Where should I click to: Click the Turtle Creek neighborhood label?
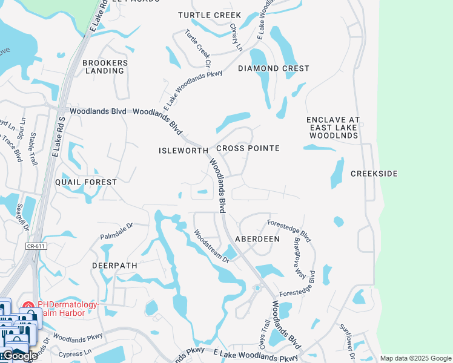tap(210, 15)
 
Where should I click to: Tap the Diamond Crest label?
tap(273, 69)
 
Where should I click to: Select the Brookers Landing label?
tap(105, 67)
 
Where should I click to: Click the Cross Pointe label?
tap(248, 148)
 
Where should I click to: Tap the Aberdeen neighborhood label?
tap(257, 239)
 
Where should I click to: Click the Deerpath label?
tap(114, 266)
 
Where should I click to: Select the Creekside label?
tap(374, 174)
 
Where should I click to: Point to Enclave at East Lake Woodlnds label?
tap(332, 128)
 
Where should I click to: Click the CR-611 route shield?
tap(36, 247)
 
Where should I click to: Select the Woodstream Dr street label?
tap(211, 246)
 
